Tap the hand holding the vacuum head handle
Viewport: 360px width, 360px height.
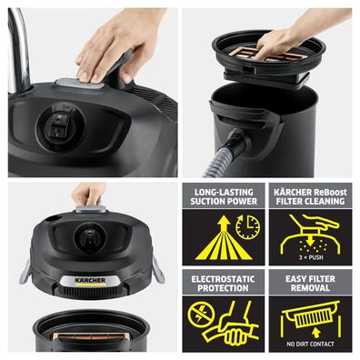click(x=88, y=194)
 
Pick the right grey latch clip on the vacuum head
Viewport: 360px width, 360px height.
click(x=157, y=268)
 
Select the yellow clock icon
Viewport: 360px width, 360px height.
click(x=246, y=226)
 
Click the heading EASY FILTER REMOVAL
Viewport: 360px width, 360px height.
click(x=311, y=282)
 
